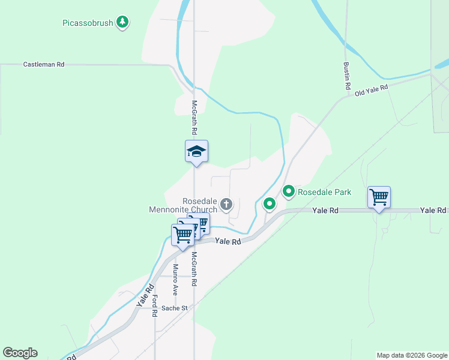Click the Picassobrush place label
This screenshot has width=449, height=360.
coord(88,23)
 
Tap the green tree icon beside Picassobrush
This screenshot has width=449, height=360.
coord(123,22)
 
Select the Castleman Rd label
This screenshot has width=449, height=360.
coord(43,64)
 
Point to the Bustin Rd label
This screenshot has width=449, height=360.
coord(347,76)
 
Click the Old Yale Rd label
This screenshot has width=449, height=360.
coord(371,91)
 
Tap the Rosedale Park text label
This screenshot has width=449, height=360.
coord(324,192)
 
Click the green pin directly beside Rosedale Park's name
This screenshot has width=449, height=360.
coord(289,192)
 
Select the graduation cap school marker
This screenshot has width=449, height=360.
coord(196,151)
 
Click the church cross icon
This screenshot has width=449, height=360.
coord(226,205)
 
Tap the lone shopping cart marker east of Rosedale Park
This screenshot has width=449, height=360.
coord(379,197)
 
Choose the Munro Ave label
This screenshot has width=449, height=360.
coord(176,280)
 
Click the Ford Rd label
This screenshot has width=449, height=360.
coord(154,305)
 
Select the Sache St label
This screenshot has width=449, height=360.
coord(176,308)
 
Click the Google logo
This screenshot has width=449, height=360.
coord(20,353)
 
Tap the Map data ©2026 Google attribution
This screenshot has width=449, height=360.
coord(412,355)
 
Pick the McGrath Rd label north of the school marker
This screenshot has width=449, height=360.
coord(194,116)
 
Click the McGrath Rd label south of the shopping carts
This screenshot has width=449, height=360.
coord(194,268)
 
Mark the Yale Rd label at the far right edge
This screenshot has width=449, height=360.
coord(433,210)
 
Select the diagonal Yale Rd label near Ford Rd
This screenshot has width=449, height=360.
coord(142,296)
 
